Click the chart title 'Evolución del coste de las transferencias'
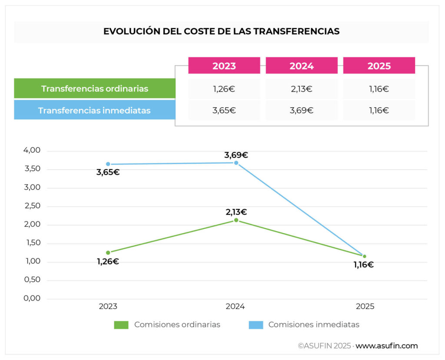(x=221, y=32)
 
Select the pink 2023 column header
(x=224, y=66)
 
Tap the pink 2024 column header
(x=302, y=66)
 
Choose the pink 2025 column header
(x=379, y=66)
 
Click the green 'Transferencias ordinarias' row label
(x=95, y=89)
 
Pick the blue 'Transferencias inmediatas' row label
(x=94, y=110)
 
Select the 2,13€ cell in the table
(x=302, y=89)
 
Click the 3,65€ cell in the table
(x=224, y=110)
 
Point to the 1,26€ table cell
(x=224, y=89)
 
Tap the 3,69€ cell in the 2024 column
(x=302, y=110)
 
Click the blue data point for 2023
(x=108, y=164)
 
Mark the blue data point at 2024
(x=236, y=163)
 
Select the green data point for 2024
(x=236, y=220)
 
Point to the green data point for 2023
(x=108, y=252)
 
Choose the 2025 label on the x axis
(x=365, y=307)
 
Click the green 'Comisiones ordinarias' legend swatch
(x=121, y=325)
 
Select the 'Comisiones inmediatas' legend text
(x=314, y=324)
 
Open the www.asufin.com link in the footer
(x=386, y=346)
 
